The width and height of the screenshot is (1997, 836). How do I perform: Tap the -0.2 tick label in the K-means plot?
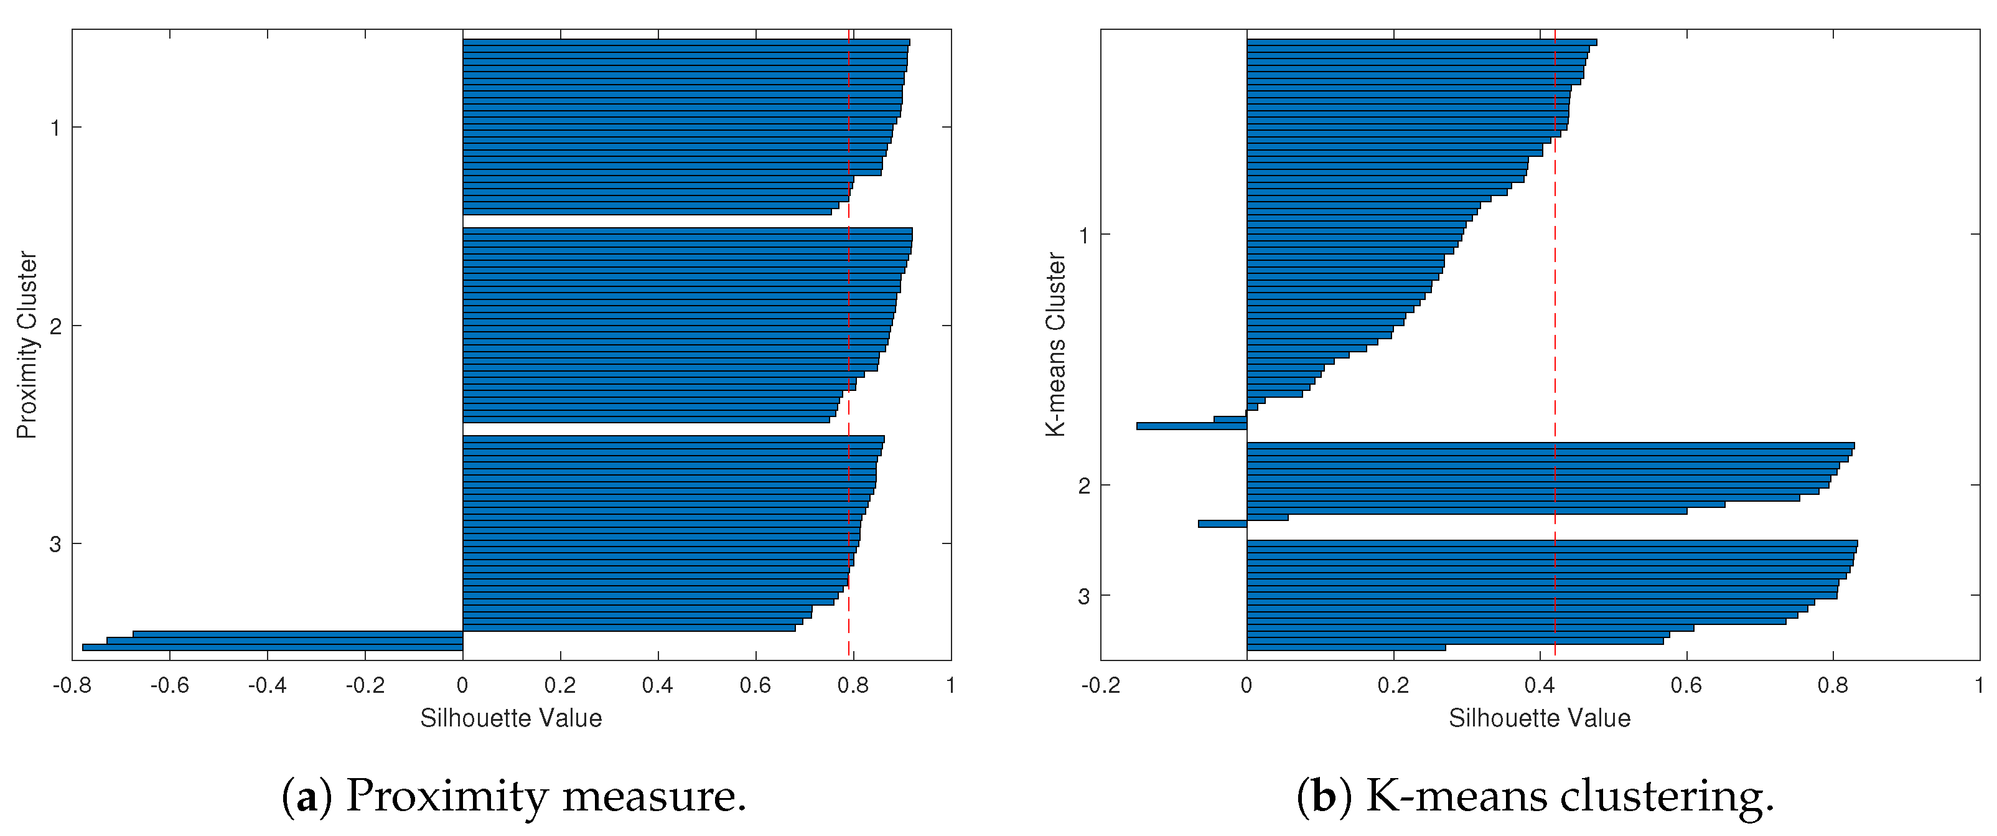pos(1100,685)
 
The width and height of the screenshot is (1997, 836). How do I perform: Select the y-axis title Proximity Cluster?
pos(27,345)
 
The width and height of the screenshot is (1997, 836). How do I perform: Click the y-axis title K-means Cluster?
pos(1056,345)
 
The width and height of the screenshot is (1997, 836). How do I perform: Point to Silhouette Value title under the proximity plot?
pos(511,718)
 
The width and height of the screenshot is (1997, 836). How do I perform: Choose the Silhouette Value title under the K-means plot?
pos(1539,718)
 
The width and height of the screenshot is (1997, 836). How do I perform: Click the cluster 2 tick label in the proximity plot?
pos(55,326)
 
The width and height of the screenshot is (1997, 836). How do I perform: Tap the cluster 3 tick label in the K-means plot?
pos(1083,596)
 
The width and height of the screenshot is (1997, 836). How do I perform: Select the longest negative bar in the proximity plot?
pos(271,647)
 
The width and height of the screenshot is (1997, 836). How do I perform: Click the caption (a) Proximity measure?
pos(515,796)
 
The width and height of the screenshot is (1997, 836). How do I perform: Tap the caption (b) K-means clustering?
pos(1536,796)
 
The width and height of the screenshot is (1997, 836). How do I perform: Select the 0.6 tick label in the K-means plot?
pos(1686,685)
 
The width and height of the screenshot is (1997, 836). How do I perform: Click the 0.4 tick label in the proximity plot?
pos(657,685)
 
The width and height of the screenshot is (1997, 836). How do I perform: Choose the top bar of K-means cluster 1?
pos(1421,42)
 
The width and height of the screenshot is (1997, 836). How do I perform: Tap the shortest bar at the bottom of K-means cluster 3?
pos(1346,647)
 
